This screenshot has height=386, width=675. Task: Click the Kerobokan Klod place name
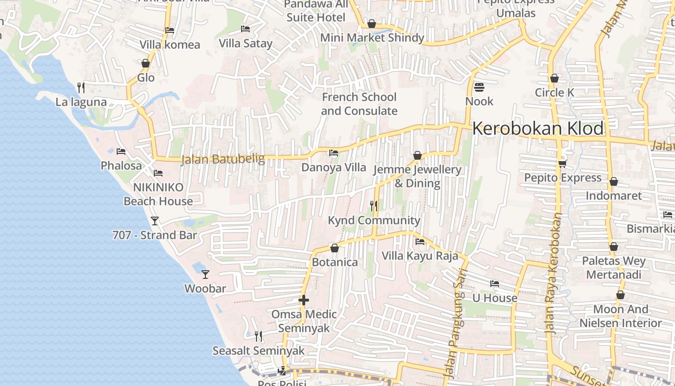[538, 129]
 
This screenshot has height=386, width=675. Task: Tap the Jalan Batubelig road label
[223, 159]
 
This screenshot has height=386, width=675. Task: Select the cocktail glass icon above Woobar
[205, 274]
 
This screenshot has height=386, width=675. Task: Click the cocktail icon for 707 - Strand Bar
[155, 221]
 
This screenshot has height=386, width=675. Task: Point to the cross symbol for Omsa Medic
[304, 300]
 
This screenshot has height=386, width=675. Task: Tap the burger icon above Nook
[479, 87]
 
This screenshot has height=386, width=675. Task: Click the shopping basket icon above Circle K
[554, 78]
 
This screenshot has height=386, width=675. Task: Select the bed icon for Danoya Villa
[333, 153]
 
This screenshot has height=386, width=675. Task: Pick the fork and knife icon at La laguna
[81, 87]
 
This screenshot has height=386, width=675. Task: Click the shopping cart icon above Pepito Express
[562, 164]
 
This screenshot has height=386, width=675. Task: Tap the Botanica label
[335, 262]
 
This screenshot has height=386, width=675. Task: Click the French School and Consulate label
[359, 104]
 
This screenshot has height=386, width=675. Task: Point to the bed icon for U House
[495, 284]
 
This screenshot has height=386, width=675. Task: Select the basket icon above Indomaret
[613, 181]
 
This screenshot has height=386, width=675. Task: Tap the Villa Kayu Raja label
[419, 256]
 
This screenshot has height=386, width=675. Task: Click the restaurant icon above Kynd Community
[374, 206]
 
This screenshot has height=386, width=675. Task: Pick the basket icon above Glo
[146, 63]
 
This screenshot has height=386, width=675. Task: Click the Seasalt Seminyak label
[258, 351]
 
